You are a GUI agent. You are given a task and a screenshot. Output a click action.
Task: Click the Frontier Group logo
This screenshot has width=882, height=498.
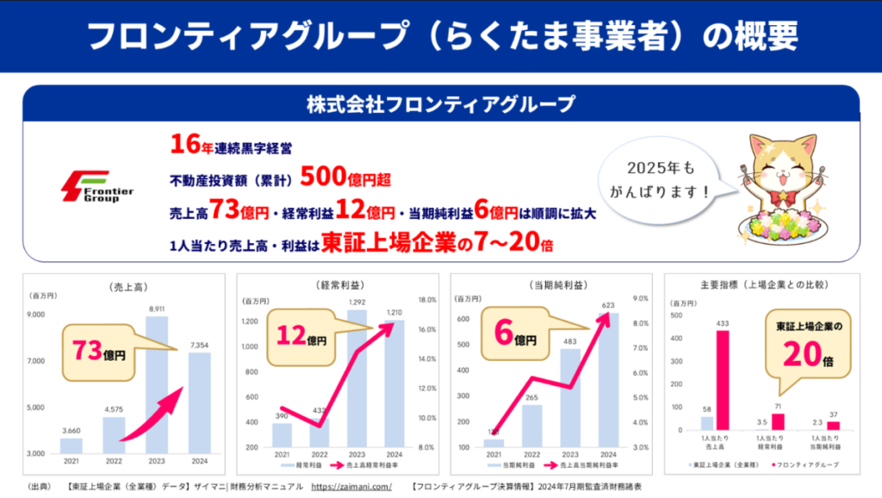pyautogui.click(x=96, y=187)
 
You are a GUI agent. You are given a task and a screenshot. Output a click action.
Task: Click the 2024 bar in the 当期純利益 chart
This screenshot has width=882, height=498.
pyautogui.click(x=608, y=383)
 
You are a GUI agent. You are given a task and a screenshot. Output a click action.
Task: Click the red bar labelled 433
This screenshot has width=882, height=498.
pyautogui.click(x=723, y=380)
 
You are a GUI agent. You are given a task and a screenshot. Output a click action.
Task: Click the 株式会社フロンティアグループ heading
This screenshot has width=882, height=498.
pyautogui.click(x=440, y=105)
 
